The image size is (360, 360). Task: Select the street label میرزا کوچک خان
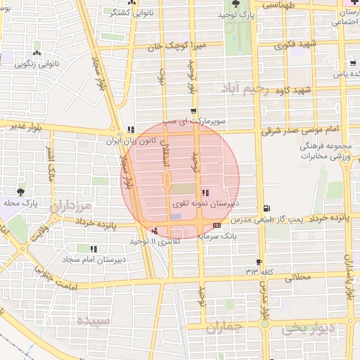(x=165, y=46)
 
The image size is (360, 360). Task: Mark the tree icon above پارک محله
(x=20, y=191)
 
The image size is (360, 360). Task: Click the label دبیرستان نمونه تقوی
(x=206, y=202)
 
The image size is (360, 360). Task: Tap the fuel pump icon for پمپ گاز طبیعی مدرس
(x=265, y=208)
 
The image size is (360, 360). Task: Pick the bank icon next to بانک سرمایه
(x=216, y=225)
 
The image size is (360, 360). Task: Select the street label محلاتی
(x=298, y=277)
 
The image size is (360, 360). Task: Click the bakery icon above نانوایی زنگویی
(x=37, y=53)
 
